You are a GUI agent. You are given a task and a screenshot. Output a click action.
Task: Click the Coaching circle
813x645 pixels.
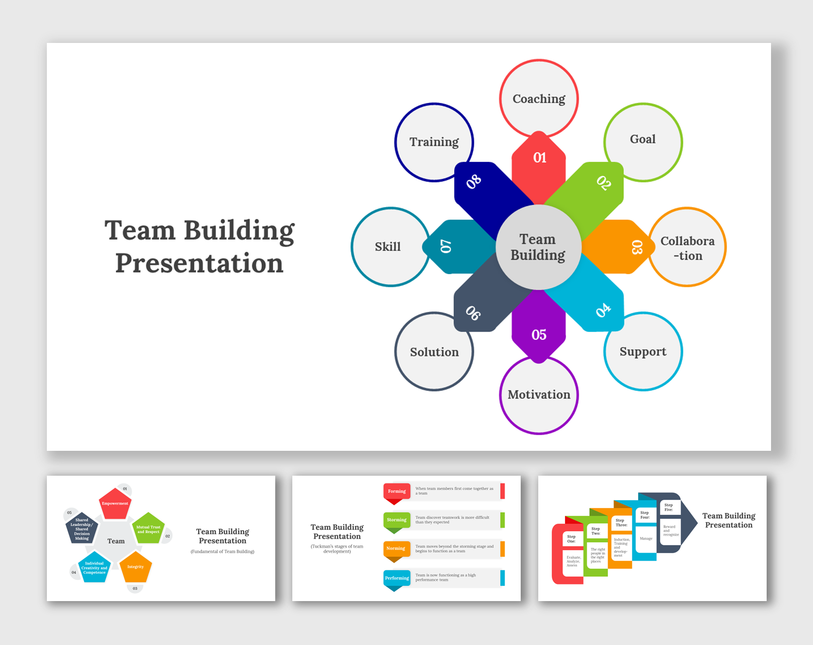[539, 99]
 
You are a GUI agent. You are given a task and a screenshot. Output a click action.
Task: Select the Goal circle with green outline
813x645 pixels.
[643, 142]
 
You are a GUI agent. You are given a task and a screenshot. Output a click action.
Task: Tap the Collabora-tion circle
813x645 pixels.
[687, 247]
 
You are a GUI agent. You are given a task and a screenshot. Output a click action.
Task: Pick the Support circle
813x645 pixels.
[643, 351]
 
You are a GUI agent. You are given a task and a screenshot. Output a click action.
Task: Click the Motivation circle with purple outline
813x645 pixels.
[539, 395]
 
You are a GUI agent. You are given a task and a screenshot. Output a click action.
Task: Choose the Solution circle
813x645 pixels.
[434, 352]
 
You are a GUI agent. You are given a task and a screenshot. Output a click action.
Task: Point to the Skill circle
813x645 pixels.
[388, 247]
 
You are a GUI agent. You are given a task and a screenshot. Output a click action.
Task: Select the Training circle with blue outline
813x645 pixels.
[434, 142]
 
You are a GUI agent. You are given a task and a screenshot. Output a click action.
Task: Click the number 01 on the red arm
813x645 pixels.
[539, 158]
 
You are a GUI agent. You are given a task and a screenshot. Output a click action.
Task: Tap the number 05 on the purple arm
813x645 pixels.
[539, 335]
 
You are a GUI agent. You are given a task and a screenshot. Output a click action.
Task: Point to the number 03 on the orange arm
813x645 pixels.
[637, 247]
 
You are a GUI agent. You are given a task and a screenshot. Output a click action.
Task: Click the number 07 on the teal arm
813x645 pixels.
[446, 246]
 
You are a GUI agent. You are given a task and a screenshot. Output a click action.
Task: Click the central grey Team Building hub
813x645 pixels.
[538, 247]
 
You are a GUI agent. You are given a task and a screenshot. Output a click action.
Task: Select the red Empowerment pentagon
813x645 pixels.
[115, 504]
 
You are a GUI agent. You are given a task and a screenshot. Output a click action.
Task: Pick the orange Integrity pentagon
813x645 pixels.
[136, 567]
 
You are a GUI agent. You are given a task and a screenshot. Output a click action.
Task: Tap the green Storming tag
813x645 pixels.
[396, 520]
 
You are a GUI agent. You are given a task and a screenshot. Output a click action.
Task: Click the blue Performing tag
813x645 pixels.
[397, 578]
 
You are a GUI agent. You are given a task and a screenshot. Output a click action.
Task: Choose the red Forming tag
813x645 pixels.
[397, 491]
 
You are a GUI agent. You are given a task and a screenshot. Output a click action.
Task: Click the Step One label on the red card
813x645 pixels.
[571, 539]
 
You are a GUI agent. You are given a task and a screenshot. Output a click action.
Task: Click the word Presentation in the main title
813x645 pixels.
[199, 263]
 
